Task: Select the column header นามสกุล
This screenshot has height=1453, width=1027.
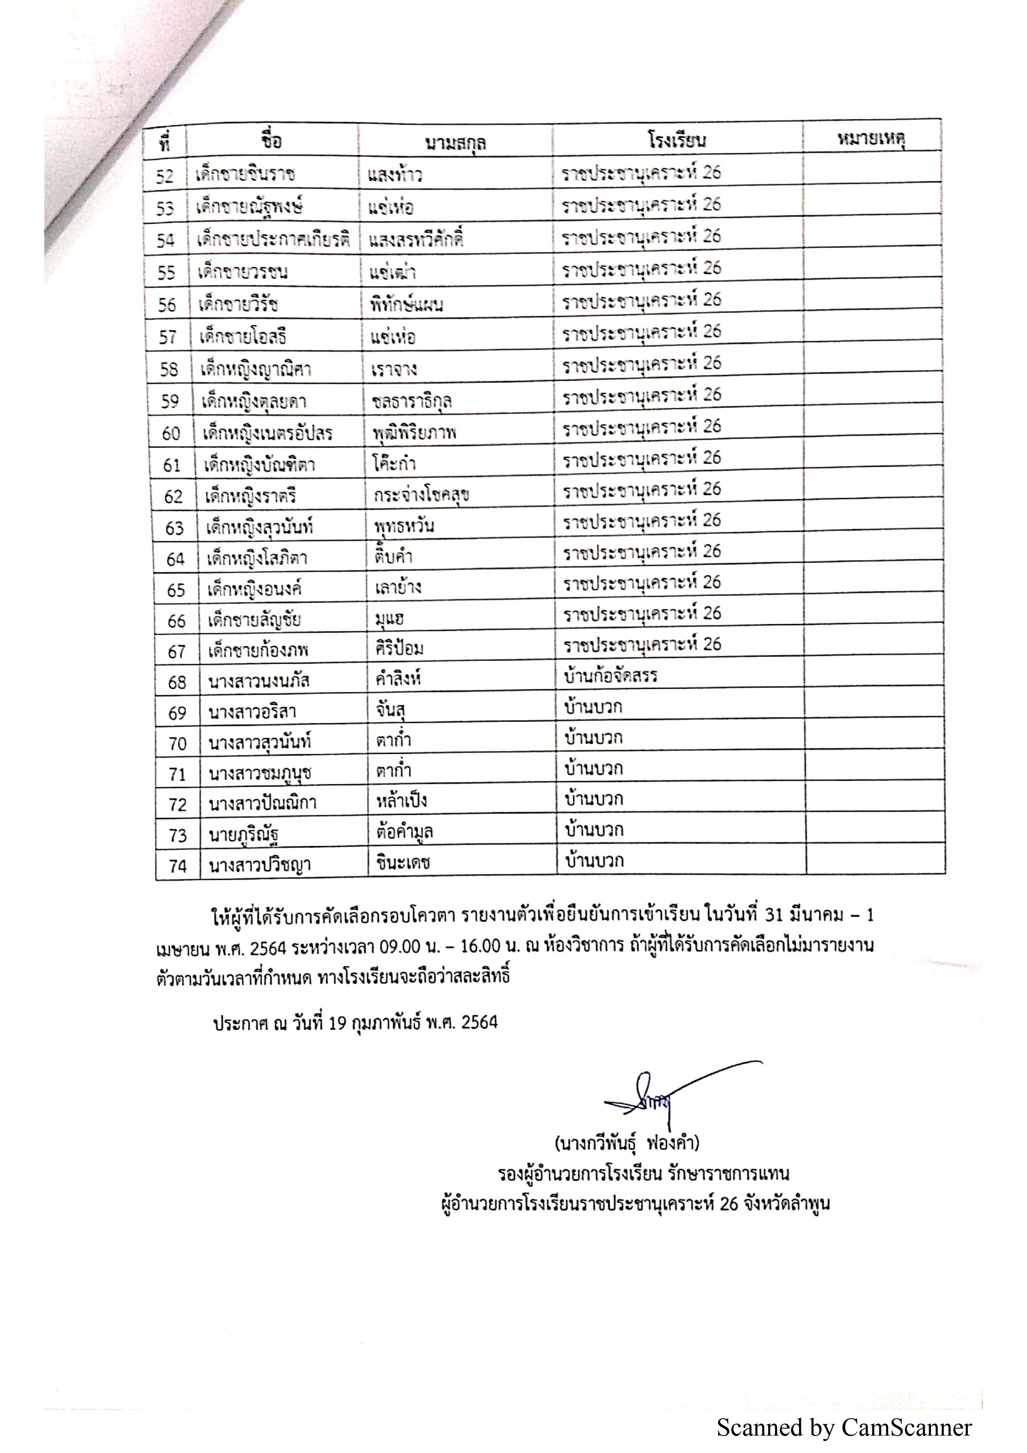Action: click(x=455, y=143)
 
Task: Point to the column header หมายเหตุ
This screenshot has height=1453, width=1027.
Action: click(x=871, y=139)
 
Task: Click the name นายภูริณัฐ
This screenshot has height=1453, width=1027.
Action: click(x=244, y=835)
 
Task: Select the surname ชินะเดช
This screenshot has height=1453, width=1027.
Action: click(x=403, y=863)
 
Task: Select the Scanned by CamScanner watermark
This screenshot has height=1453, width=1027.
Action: click(x=844, y=1428)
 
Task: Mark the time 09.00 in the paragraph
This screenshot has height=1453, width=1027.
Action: click(x=399, y=946)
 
